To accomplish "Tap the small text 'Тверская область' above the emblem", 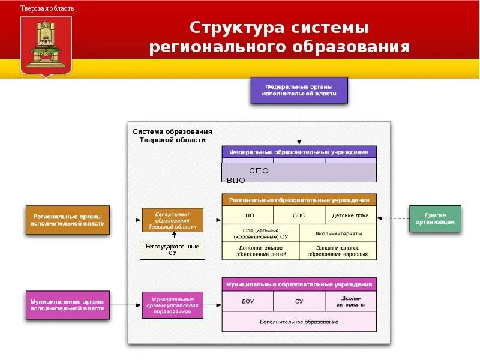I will (47, 8).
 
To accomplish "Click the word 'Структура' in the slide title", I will (233, 28).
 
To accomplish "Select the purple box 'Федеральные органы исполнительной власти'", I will (298, 90).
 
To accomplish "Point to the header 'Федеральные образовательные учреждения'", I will (299, 152).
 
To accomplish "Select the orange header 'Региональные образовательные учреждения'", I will (299, 199).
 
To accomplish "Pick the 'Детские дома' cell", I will (351, 215).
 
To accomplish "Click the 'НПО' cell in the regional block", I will (247, 215).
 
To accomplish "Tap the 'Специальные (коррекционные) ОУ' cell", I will (260, 233).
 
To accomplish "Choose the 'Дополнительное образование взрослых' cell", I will (338, 250).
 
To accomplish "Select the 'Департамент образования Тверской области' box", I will (172, 220).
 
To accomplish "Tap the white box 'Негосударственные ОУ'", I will (172, 250).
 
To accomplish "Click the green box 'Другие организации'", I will (434, 218).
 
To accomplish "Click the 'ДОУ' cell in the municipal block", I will (247, 301).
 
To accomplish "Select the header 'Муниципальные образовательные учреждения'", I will (299, 284).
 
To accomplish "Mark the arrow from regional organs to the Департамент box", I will (126, 220).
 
